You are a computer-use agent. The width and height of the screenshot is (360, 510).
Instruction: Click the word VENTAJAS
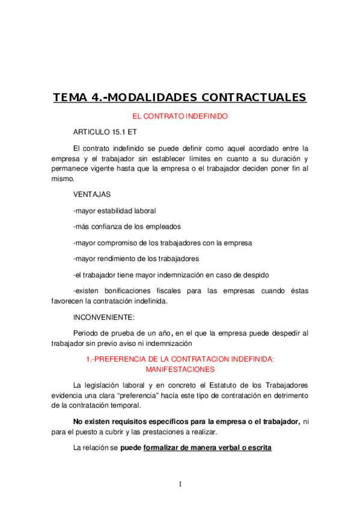[x=91, y=195]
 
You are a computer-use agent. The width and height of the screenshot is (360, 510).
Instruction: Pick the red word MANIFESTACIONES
[x=180, y=369]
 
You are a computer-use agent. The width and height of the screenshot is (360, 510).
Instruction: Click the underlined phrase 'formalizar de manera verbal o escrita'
[x=208, y=448]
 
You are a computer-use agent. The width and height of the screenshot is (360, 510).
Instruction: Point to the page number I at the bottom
[x=180, y=485]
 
